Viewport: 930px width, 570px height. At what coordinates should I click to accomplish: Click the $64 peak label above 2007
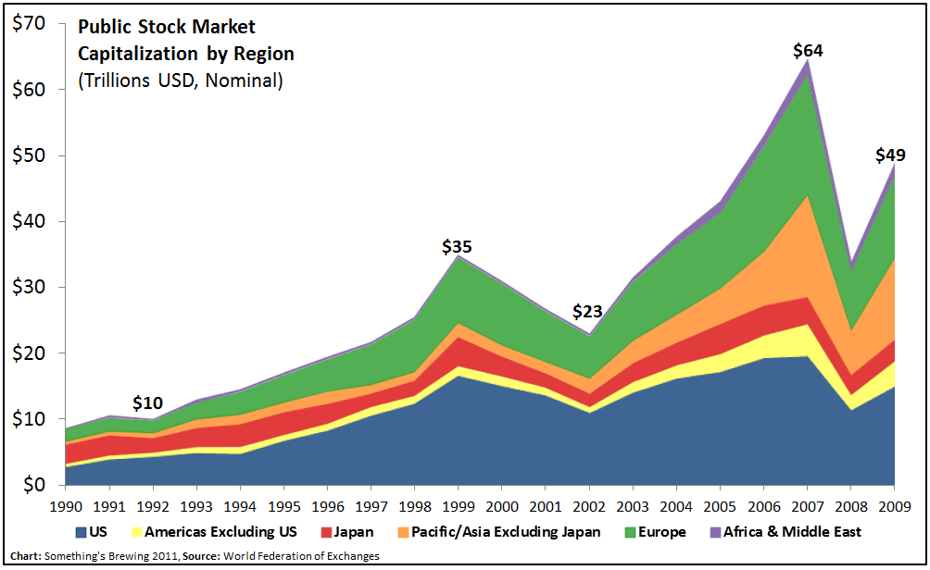pos(807,50)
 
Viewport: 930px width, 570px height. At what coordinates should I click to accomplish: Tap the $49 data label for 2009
pos(890,155)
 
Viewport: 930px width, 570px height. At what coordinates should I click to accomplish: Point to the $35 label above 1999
pos(457,247)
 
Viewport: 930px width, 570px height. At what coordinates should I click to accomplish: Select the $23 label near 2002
pos(589,311)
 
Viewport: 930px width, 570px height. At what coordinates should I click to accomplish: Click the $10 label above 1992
pos(147,403)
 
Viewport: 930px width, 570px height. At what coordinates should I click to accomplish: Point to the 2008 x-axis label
pos(850,505)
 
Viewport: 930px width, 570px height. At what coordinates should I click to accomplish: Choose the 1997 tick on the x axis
pos(371,505)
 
